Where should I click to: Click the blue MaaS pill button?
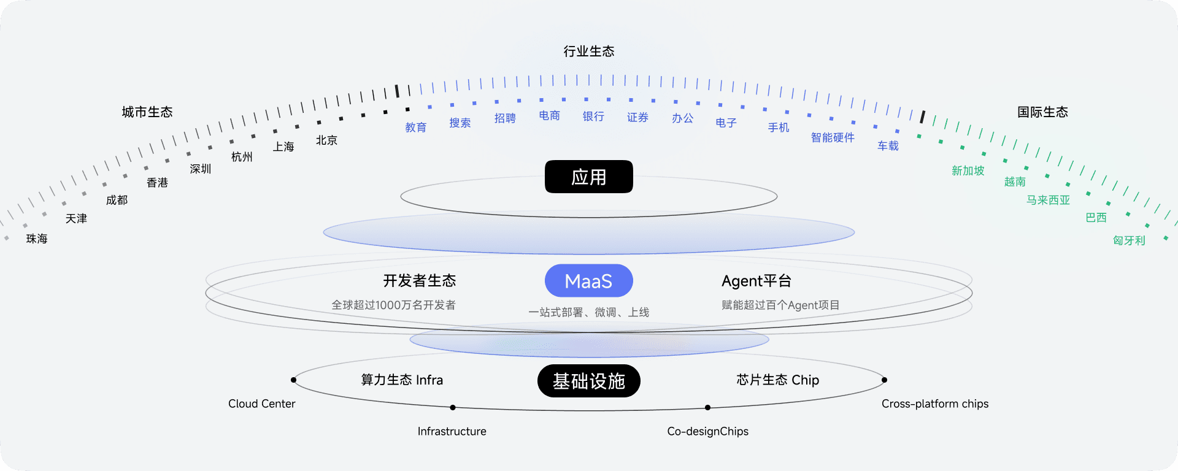click(x=588, y=281)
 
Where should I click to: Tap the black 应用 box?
click(x=588, y=177)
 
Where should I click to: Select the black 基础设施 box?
click(x=588, y=381)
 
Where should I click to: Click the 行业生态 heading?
click(x=588, y=51)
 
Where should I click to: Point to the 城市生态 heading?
click(x=147, y=112)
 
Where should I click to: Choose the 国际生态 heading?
click(x=1042, y=112)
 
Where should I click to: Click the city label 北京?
click(x=326, y=140)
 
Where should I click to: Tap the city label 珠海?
click(x=37, y=239)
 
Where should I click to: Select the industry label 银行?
click(x=593, y=116)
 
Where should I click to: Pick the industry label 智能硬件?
click(x=833, y=137)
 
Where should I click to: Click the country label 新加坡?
click(x=968, y=170)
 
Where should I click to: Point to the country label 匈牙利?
click(x=1129, y=240)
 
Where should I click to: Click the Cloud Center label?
click(x=261, y=404)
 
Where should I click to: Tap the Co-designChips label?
click(x=707, y=431)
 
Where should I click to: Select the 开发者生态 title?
click(x=420, y=281)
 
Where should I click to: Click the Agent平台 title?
click(x=756, y=281)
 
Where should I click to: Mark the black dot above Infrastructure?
click(x=453, y=407)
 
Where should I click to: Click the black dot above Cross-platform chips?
click(x=884, y=380)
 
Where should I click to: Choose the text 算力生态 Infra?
click(x=402, y=380)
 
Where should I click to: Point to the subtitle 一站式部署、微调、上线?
click(x=588, y=312)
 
